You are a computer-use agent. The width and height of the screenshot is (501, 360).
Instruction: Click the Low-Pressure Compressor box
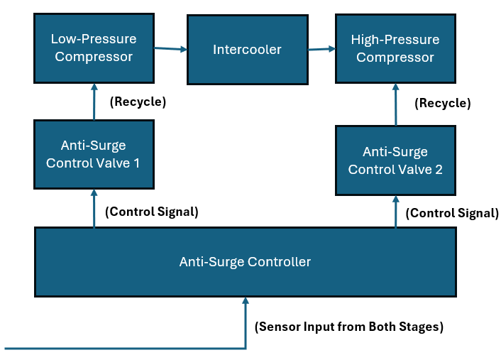(94, 48)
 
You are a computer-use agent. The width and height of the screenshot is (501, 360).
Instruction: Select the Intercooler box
(248, 50)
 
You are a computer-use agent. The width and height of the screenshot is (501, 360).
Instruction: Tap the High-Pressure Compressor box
(395, 48)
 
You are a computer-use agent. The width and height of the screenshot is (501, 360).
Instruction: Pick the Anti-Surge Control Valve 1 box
(94, 154)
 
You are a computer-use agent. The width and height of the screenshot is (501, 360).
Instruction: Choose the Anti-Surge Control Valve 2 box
(395, 160)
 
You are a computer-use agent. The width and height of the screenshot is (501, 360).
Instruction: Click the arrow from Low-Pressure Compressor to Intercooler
(170, 48)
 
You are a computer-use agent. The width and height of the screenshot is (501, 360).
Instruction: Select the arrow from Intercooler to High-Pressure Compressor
(321, 49)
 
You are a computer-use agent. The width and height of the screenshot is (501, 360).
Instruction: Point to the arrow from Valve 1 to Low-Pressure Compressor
(94, 102)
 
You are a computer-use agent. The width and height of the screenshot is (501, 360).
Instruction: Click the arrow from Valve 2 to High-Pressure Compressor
(396, 104)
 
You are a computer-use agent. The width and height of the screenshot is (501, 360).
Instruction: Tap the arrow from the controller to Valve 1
(94, 209)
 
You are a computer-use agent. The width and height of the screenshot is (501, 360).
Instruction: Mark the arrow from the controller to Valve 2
(396, 212)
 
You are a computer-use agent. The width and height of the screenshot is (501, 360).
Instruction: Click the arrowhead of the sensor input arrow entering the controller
(246, 300)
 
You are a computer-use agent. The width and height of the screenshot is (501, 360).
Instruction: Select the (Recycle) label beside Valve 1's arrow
(138, 102)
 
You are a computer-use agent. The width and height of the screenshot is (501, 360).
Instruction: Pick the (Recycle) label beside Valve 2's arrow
(443, 103)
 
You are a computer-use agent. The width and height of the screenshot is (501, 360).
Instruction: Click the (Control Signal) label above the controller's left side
(152, 212)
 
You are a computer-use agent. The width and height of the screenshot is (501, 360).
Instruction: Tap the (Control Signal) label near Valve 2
(452, 213)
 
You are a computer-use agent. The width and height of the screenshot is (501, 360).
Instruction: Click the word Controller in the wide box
(279, 262)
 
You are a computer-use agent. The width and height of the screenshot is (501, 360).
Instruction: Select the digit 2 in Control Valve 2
(439, 170)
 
